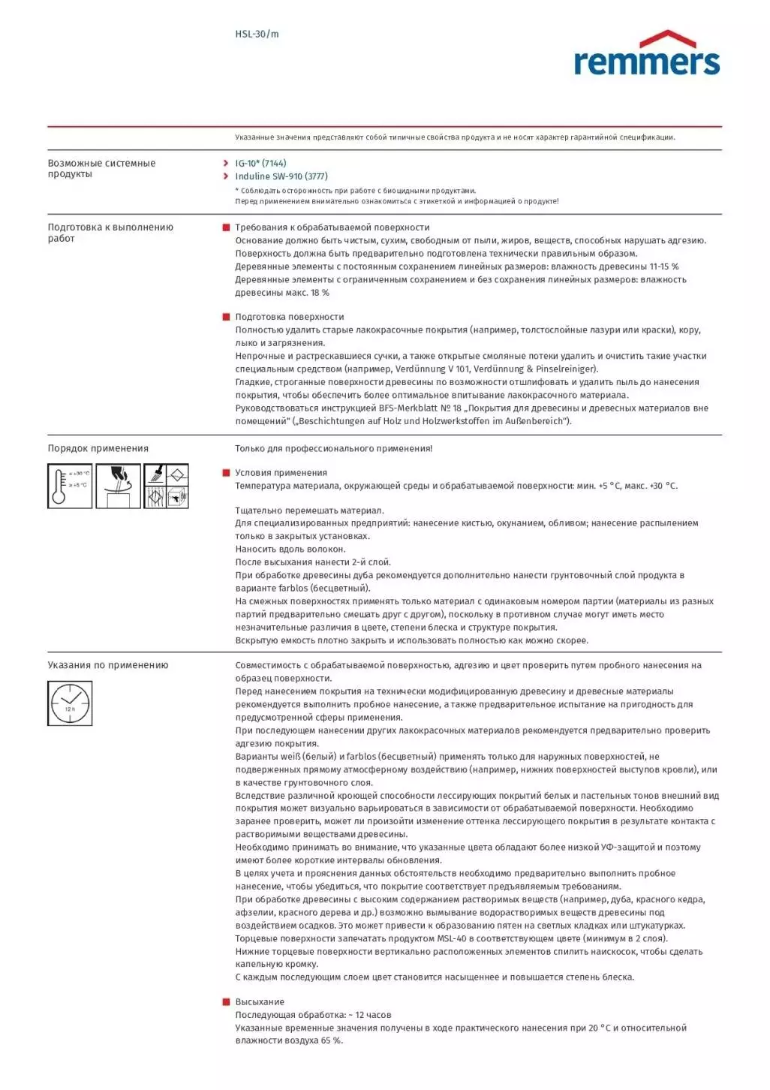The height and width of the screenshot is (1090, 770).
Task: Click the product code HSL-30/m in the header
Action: tap(257, 34)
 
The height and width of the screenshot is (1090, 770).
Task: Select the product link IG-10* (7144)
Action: tap(260, 163)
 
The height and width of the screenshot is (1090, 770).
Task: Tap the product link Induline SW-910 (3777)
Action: tap(281, 176)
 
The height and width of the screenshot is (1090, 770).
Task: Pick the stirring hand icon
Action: tap(119, 486)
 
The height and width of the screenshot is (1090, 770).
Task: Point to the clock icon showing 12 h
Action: tap(70, 703)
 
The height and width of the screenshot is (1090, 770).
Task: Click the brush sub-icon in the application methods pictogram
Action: tap(155, 475)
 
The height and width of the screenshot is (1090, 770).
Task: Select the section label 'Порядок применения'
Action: tap(98, 449)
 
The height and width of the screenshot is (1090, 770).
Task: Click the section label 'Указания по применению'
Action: tap(108, 665)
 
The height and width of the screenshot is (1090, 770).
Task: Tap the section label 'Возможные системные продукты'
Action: tap(101, 168)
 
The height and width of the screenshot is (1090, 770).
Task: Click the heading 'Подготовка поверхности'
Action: tap(290, 317)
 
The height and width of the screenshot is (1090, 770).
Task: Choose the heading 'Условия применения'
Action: tap(281, 473)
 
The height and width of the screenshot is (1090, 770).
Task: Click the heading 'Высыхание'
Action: tap(260, 1002)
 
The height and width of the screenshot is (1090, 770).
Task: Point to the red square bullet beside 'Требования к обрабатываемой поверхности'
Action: tap(226, 227)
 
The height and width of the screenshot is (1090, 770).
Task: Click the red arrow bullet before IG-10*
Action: tap(226, 163)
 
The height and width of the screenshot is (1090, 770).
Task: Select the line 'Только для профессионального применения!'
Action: tap(334, 449)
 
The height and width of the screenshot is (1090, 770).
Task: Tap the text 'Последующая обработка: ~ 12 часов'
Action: tap(313, 1015)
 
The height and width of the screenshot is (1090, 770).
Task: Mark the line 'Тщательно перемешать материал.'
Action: tap(309, 510)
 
